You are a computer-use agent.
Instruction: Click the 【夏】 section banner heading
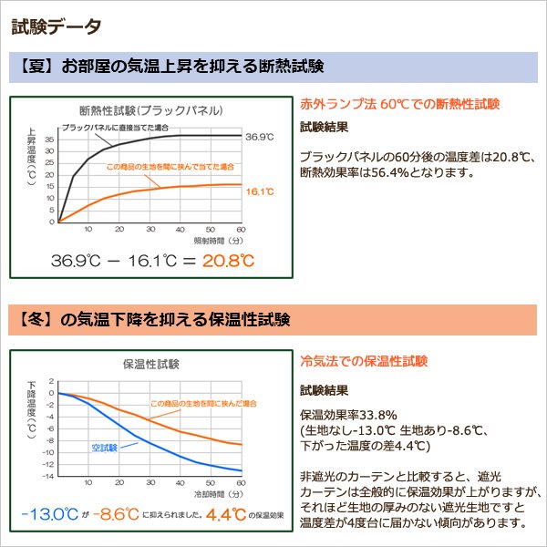172,67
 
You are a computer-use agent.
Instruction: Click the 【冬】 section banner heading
154,320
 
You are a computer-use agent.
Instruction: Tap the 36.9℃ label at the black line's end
260,136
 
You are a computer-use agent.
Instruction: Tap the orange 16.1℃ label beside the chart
260,191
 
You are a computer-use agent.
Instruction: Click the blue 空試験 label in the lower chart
107,448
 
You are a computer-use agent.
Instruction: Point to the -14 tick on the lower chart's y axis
49,477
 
